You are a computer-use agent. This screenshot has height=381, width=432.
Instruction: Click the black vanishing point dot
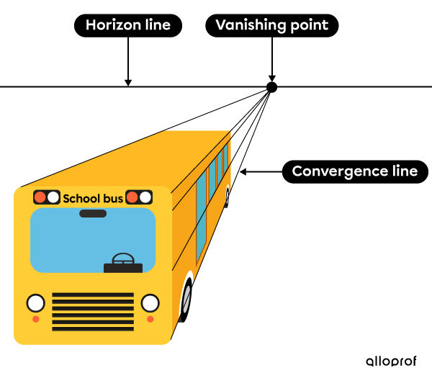[271, 87]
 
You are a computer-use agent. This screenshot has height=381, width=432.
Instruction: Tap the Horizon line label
[127, 26]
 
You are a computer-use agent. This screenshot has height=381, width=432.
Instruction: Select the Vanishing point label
[271, 26]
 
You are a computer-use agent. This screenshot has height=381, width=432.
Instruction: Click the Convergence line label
[354, 171]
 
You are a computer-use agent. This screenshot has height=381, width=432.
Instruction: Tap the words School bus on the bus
[93, 198]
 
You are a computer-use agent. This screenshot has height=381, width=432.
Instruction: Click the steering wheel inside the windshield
[123, 259]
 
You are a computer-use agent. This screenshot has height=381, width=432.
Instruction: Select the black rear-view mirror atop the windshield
[93, 214]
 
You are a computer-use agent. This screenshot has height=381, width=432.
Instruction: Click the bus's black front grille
[93, 310]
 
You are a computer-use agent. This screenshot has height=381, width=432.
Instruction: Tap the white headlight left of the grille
[35, 302]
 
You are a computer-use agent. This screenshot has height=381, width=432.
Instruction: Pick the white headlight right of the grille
[150, 302]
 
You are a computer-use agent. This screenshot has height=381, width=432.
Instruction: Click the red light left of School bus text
[40, 197]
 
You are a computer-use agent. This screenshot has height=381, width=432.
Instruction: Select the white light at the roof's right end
[145, 197]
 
